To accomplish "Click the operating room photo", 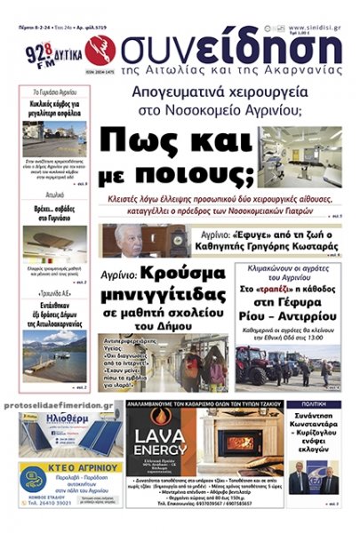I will (300, 156).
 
